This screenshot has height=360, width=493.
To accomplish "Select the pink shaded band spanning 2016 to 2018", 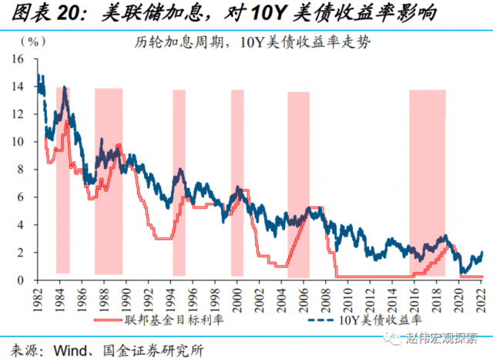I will click(427, 185).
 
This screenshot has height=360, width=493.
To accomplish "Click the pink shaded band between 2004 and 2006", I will click(298, 185).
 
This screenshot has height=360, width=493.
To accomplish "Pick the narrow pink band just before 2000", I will click(237, 185).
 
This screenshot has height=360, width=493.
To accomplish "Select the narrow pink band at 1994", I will click(179, 185).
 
